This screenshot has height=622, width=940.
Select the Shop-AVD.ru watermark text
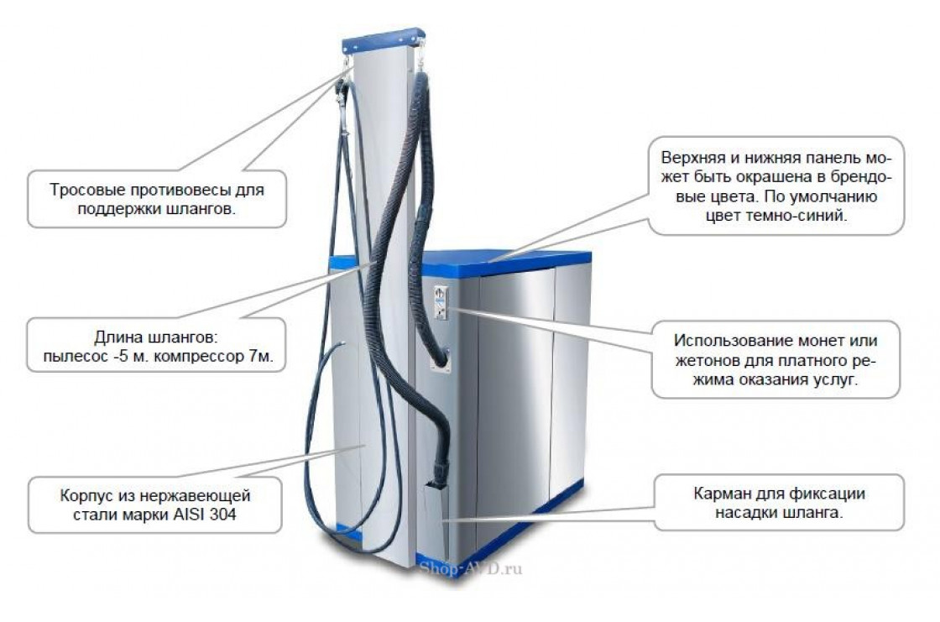point(470,568)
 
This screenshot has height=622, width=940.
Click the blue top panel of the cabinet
point(504,259)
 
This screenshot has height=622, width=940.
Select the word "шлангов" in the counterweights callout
point(199,208)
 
